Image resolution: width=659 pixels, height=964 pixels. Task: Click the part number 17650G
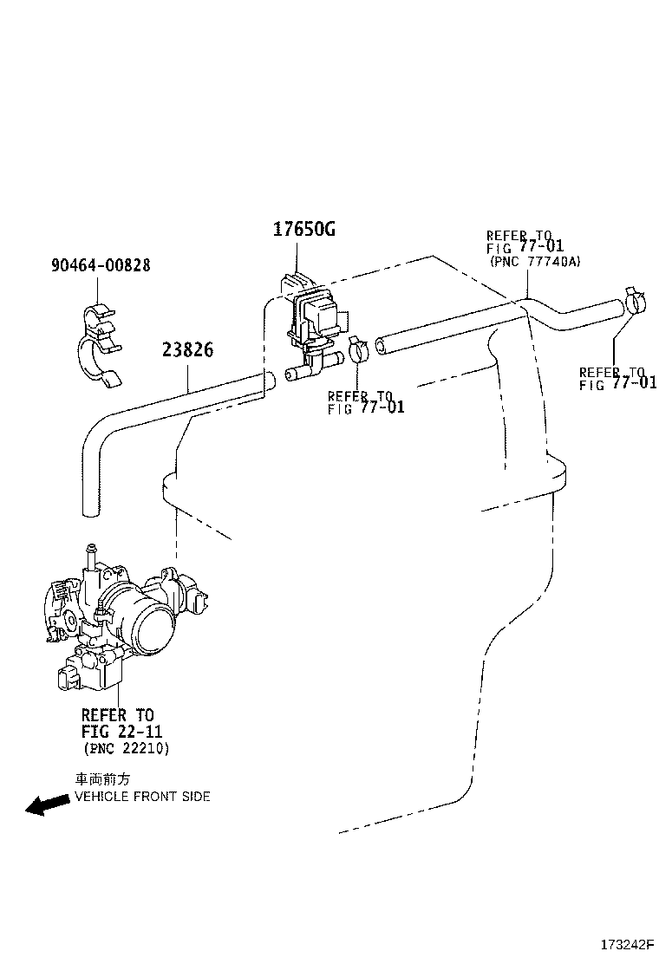pos(304,230)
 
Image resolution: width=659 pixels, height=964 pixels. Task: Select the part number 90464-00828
pos(101,265)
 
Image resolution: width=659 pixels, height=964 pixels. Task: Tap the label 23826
pos(188,350)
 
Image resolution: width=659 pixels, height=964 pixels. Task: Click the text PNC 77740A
pos(535,261)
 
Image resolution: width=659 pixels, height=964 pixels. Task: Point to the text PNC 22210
pos(126,748)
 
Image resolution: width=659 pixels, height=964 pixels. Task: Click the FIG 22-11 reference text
pos(121,732)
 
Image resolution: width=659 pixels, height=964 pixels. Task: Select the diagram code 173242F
pos(626,944)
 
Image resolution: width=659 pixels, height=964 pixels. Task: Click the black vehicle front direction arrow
pos(48,804)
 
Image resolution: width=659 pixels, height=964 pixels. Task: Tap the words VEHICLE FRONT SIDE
pos(142,796)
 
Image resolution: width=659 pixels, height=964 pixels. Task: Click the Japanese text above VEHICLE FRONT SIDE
pos(102,779)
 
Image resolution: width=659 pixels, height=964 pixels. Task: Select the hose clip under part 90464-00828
pos(101,345)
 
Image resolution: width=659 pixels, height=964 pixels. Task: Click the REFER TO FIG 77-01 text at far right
pos(617,379)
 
